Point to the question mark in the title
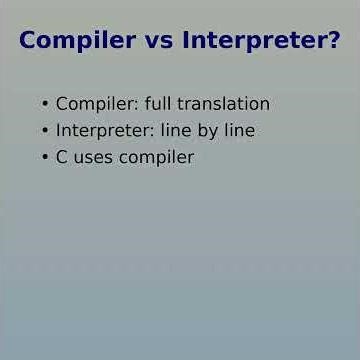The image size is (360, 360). pos(333,42)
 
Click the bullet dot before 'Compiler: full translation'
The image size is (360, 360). pos(45,104)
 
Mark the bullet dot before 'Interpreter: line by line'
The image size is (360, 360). pos(45,131)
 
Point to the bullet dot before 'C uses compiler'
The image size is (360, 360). pos(45,158)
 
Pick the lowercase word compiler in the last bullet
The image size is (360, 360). pos(156,158)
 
